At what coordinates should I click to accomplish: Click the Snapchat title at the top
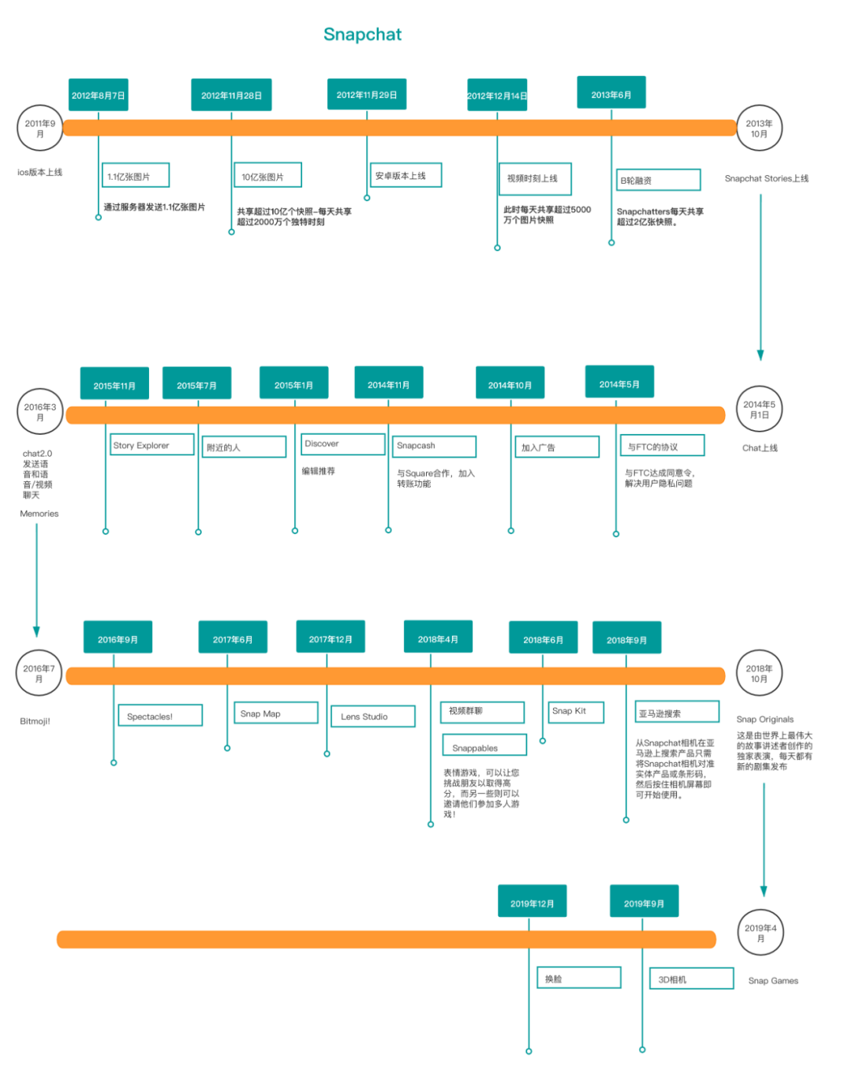click(362, 34)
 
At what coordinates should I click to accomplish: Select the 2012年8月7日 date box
click(98, 95)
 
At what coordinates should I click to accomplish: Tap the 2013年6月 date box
click(611, 94)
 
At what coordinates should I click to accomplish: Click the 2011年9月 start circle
click(39, 129)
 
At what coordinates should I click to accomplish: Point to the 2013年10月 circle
click(759, 129)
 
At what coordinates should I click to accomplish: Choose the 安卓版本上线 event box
click(406, 175)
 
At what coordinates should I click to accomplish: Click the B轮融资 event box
click(659, 180)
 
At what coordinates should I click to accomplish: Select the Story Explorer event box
click(151, 445)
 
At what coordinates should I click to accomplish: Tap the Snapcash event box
click(434, 446)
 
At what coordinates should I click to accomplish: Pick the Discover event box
click(342, 444)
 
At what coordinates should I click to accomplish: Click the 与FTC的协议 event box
click(661, 447)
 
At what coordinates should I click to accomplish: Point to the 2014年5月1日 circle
click(759, 410)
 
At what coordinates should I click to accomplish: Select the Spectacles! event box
click(160, 716)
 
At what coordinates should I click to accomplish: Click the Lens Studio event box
click(372, 716)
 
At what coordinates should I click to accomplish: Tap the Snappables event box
click(484, 746)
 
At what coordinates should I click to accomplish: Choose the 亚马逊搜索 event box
click(677, 713)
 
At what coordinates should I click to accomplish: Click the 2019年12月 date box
click(532, 903)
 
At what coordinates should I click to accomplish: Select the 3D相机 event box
click(691, 979)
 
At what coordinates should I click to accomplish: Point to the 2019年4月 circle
click(760, 933)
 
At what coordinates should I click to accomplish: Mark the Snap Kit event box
click(576, 712)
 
